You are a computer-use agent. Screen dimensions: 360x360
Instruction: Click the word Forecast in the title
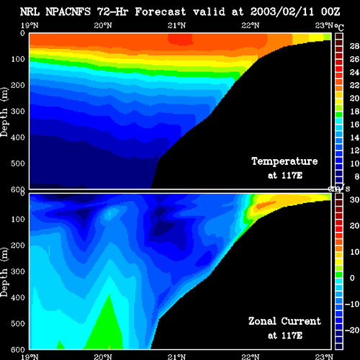[x=161, y=12]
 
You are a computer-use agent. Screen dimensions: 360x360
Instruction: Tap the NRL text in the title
[x=30, y=12]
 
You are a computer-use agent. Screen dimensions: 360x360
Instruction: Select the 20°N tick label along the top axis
[x=103, y=25]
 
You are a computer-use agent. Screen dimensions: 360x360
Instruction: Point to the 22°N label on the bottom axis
[x=251, y=356]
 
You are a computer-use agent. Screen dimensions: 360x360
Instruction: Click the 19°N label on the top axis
[x=30, y=25]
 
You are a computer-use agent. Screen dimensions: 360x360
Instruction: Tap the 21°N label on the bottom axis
[x=176, y=356]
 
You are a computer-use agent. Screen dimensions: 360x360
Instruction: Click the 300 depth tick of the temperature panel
[x=18, y=112]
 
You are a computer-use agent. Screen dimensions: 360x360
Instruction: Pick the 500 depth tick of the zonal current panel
[x=18, y=323]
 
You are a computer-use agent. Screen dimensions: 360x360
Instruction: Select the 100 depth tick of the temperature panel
[x=18, y=59]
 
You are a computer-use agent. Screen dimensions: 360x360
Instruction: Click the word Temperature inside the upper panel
[x=284, y=161]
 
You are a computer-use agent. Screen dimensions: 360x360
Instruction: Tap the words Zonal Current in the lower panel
[x=284, y=321]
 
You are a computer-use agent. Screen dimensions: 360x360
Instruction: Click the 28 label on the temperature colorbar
[x=354, y=46]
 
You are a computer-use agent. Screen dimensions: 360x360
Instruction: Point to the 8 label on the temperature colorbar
[x=356, y=176]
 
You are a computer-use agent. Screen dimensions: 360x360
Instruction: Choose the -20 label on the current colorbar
[x=352, y=330]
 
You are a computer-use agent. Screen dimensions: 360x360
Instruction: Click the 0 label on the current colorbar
[x=352, y=278]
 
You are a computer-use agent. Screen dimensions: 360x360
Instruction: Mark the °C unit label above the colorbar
[x=339, y=27]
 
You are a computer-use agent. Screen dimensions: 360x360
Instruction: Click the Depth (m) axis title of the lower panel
[x=4, y=272]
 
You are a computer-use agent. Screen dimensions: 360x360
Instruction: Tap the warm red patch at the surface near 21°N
[x=180, y=39]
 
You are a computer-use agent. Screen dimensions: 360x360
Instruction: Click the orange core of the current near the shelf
[x=265, y=204]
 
